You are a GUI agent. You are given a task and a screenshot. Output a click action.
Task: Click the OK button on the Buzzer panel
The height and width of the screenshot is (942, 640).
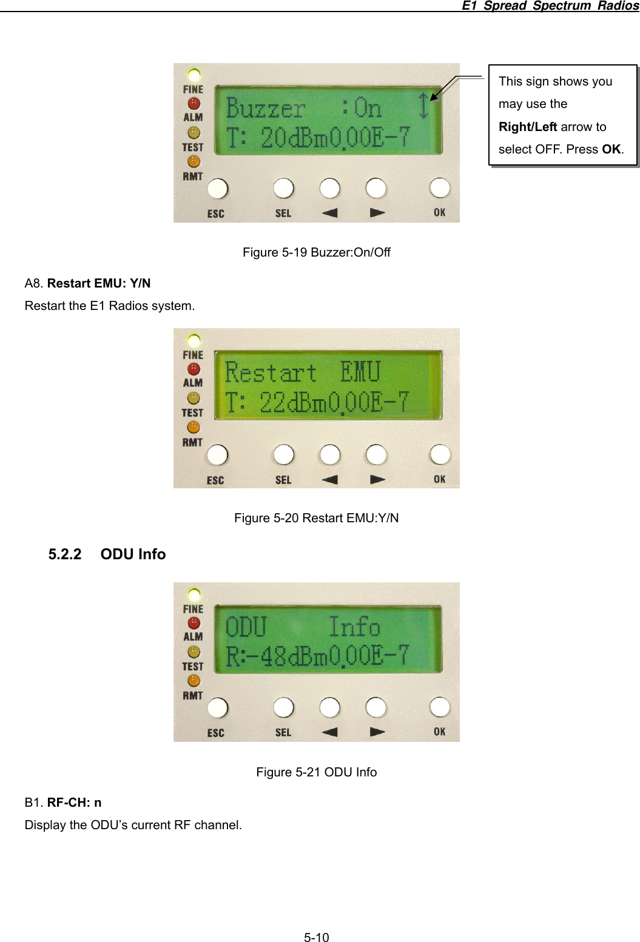click(439, 188)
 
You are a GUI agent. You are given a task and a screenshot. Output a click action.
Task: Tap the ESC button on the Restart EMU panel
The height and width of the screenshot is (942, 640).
click(217, 455)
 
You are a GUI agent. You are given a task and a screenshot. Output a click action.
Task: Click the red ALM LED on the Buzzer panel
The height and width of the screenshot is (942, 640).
click(194, 104)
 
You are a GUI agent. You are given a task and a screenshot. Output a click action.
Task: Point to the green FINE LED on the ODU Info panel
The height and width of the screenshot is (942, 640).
click(194, 594)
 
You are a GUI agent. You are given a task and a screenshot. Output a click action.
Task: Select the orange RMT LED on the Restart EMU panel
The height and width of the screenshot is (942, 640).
click(194, 428)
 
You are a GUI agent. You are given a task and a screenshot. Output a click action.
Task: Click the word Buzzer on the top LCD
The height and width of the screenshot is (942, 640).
click(265, 109)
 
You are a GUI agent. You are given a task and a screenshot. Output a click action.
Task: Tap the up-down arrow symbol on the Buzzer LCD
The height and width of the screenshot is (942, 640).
click(423, 105)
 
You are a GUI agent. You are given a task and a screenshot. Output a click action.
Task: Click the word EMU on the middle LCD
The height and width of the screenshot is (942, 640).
click(360, 372)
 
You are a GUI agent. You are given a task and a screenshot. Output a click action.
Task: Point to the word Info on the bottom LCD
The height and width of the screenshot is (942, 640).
click(354, 627)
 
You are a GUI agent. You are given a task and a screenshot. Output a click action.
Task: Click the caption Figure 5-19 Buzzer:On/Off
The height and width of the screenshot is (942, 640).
click(316, 252)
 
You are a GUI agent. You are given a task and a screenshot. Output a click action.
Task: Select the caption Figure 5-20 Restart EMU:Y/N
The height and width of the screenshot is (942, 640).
click(316, 518)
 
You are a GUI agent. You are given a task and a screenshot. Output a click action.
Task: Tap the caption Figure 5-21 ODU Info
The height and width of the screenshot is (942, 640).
click(316, 772)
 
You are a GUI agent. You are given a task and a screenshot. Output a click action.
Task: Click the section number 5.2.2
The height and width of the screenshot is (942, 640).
click(65, 554)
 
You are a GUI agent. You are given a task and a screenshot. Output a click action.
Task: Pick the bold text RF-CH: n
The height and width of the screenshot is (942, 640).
click(74, 802)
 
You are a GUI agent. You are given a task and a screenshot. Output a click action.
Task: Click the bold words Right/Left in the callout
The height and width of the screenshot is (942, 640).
click(528, 127)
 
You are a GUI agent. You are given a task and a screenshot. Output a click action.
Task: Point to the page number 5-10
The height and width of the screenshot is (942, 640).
click(316, 938)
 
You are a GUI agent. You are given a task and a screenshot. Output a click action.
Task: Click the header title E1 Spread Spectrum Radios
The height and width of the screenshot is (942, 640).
click(550, 5)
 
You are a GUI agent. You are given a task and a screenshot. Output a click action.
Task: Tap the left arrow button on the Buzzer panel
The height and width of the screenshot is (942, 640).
click(329, 188)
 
